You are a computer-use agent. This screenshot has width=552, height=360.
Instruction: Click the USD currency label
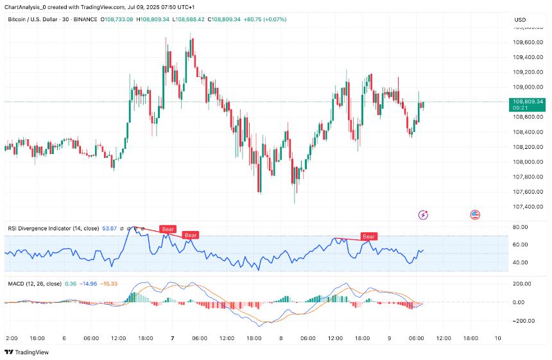coord(519,20)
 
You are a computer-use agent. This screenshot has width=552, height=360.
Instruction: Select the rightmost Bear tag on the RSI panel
coord(368,237)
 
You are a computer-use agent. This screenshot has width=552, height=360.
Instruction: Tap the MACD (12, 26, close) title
coord(34,283)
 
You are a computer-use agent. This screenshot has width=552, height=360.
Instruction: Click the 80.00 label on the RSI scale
coord(520,227)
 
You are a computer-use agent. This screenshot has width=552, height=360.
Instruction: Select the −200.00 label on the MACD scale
coord(521,321)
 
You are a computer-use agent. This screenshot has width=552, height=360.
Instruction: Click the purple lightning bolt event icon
coord(423,215)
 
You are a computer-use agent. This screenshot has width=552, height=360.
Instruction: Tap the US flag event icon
coord(475,215)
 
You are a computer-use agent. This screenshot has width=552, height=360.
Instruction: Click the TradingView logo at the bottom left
coord(29,352)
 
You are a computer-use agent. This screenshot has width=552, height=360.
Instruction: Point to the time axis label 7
coord(173,338)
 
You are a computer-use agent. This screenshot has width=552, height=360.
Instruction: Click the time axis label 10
coord(497,338)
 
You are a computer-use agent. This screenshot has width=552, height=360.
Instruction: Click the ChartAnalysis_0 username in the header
coord(26,6)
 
